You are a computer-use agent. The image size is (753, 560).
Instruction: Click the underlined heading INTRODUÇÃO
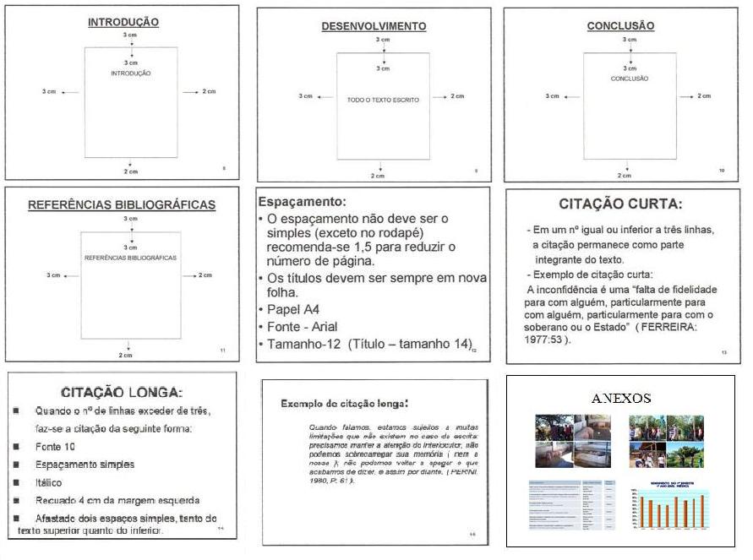coord(123,23)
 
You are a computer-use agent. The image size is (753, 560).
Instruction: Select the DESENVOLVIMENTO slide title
coord(374,26)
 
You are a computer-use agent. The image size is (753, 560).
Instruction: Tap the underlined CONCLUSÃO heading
coord(620,26)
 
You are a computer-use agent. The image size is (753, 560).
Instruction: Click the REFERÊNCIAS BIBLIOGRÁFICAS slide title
coord(122,204)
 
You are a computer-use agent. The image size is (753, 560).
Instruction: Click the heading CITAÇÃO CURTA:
coord(620,204)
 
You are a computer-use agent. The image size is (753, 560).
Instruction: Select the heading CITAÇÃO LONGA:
coord(122,392)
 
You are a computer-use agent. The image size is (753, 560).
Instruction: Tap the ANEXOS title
coord(620,398)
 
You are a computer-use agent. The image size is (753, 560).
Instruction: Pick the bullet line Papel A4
coord(293,308)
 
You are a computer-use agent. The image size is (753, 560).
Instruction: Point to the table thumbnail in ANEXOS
coord(571,505)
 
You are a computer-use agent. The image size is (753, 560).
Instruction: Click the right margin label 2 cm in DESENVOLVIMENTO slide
coord(457,96)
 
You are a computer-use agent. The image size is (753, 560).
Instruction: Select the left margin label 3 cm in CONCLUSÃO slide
coord(552,96)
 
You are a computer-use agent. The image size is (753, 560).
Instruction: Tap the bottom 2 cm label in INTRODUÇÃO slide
coord(131,172)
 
